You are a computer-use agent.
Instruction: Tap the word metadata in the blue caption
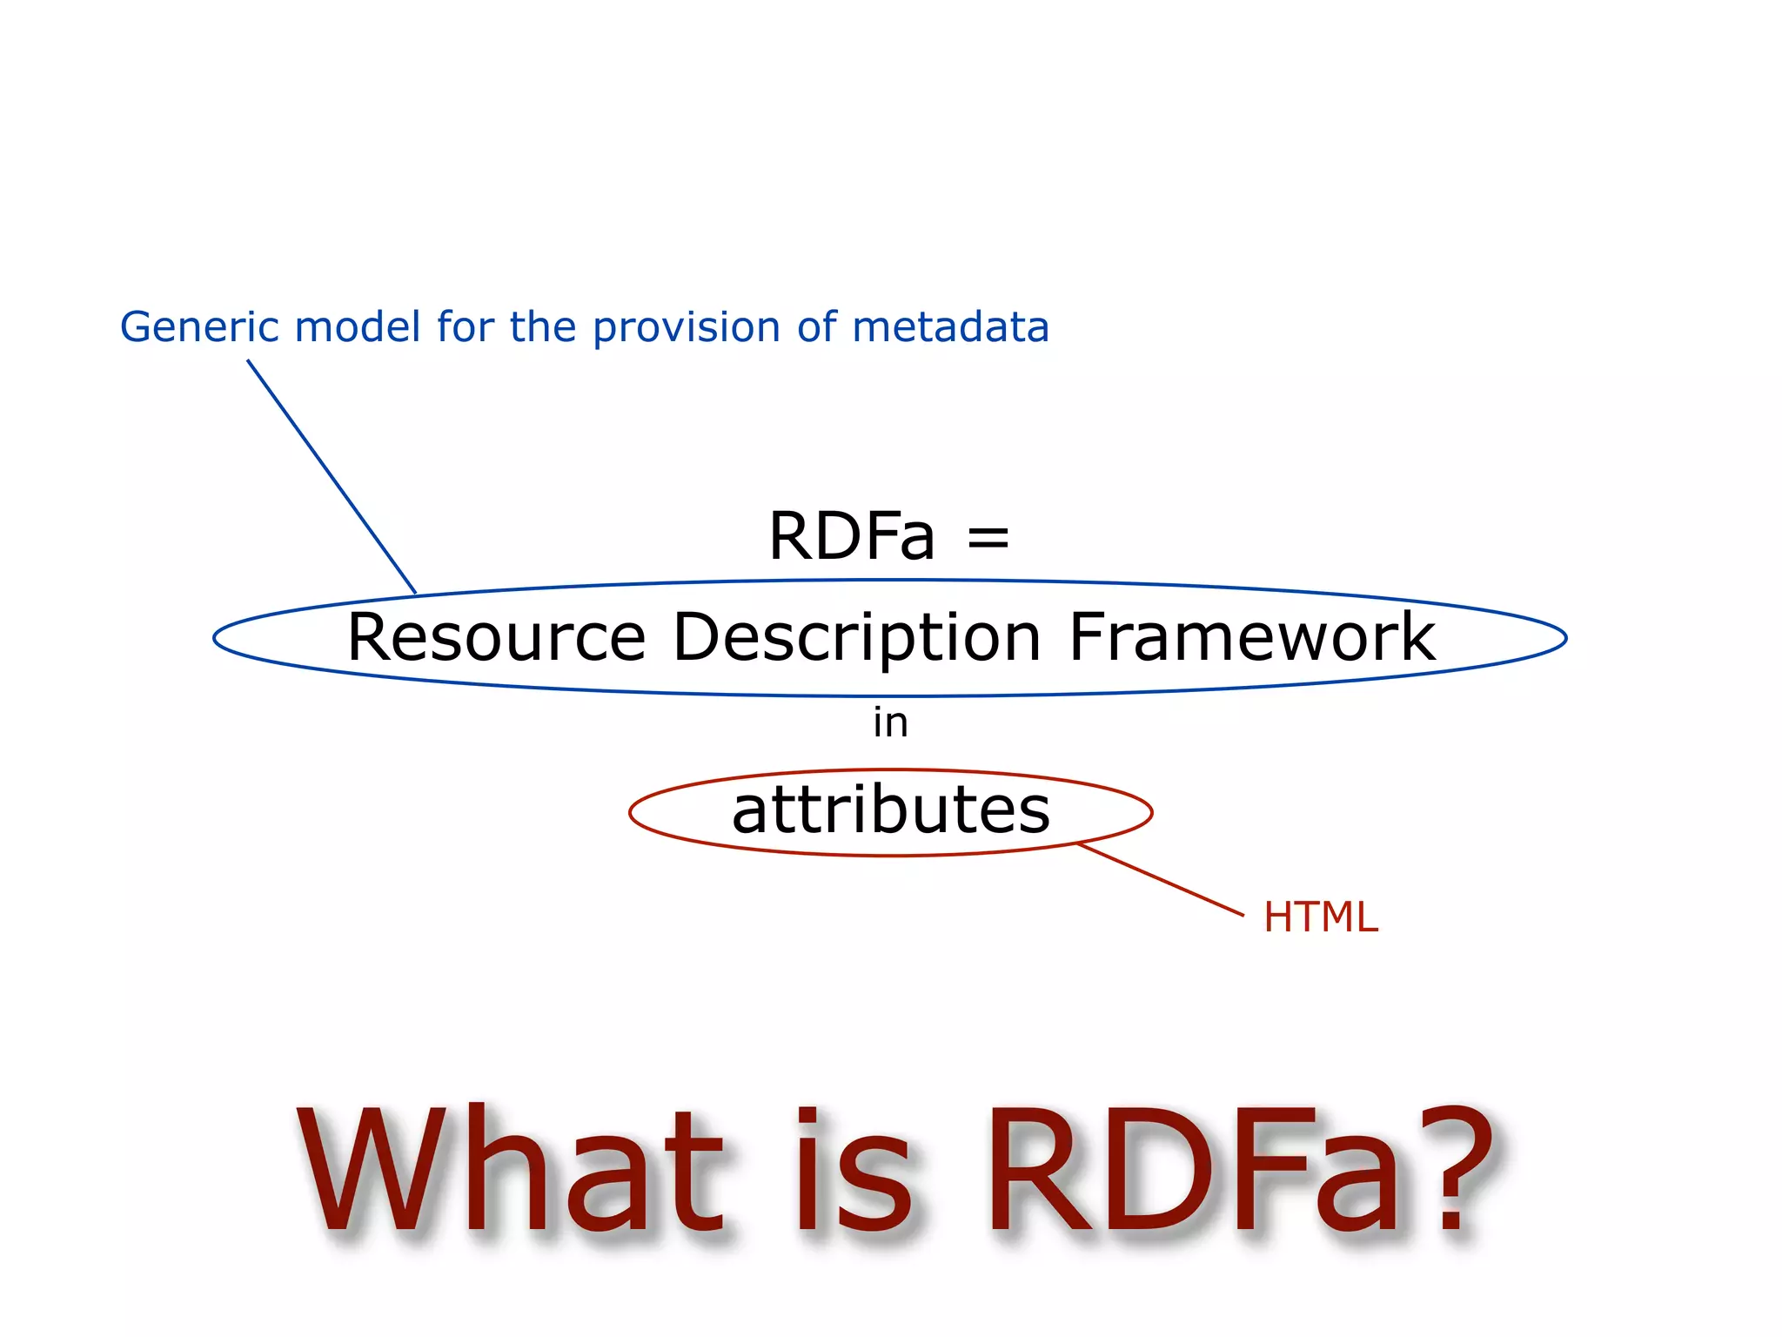(950, 327)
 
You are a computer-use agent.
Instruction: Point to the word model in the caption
(358, 327)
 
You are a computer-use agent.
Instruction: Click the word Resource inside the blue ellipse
(496, 637)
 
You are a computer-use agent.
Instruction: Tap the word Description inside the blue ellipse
(856, 637)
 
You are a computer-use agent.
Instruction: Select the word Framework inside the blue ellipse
(1251, 637)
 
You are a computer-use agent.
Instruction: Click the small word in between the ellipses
(890, 722)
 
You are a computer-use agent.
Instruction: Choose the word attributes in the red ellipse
(891, 810)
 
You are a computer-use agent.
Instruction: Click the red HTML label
(1320, 917)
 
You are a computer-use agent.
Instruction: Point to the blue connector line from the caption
(331, 475)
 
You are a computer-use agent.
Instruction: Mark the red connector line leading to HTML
(1160, 879)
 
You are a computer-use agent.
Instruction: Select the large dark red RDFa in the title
(1192, 1171)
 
